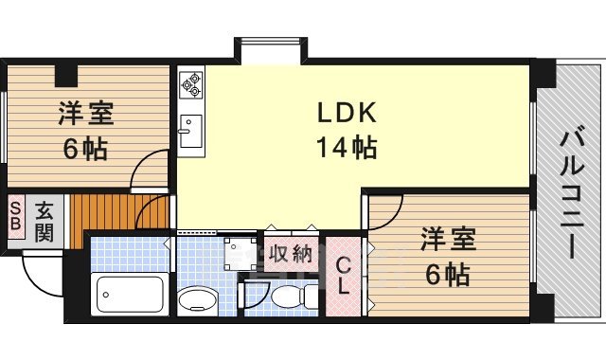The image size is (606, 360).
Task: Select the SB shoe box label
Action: [x=16, y=220]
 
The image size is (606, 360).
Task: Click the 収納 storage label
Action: [x=290, y=254]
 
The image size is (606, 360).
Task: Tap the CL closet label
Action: [x=345, y=275]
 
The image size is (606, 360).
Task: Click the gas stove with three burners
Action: [x=189, y=84]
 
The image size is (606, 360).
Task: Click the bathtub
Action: [x=128, y=295]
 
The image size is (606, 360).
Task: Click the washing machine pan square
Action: [x=240, y=251]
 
